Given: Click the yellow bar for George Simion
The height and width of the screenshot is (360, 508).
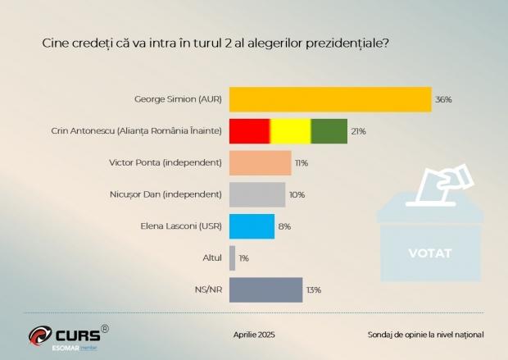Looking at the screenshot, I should [330, 99].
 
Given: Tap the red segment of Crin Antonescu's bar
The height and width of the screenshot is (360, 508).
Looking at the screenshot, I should [250, 131].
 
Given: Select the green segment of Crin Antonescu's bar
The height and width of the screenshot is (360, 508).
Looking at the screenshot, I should [329, 131].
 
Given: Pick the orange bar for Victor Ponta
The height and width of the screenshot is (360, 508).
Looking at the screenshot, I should [261, 162].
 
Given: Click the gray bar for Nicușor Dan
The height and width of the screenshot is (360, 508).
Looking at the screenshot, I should [257, 194].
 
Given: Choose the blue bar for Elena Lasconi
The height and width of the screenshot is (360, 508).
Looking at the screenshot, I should [252, 226].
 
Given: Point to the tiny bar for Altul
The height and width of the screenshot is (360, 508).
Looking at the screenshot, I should [233, 257].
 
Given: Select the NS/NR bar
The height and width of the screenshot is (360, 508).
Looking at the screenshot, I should [266, 289].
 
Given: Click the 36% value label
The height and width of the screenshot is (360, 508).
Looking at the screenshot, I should [444, 99].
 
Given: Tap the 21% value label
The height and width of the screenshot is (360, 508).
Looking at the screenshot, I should [359, 131].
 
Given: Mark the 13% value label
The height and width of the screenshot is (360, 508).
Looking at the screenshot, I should [314, 289].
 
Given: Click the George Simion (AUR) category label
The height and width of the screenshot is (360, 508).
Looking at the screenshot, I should [178, 99].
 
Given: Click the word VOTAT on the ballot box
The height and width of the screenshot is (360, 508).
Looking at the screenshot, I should [430, 253].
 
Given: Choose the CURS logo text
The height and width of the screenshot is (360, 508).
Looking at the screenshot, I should [77, 335].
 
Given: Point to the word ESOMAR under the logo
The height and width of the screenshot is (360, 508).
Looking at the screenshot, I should [64, 348].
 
